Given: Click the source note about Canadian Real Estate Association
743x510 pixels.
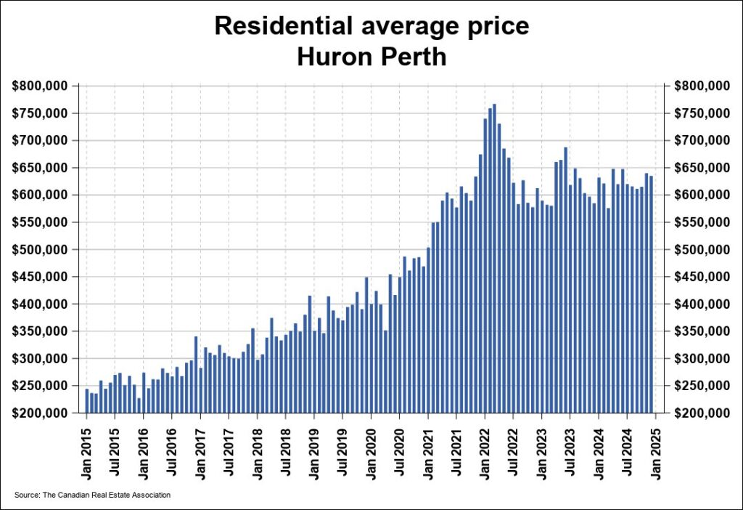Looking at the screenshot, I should click(x=92, y=495).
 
